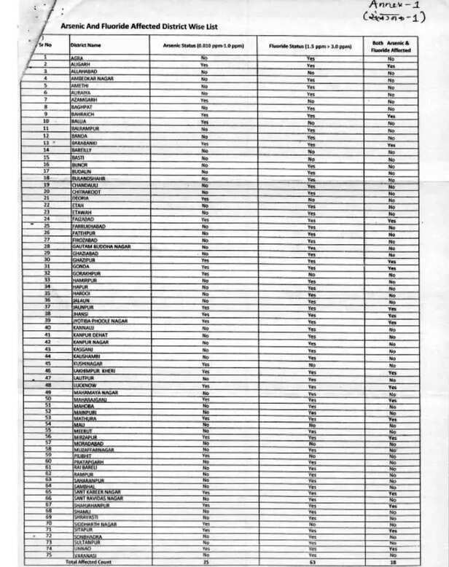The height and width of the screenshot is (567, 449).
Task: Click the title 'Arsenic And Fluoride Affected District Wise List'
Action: (130, 25)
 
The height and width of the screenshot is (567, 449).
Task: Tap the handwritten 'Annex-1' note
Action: (397, 7)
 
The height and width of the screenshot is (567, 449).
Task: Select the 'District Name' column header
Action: (85, 44)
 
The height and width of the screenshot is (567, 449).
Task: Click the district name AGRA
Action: (78, 58)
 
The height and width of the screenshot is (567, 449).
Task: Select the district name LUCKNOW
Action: (85, 385)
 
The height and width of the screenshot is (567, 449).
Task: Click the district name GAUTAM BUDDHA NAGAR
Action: (102, 246)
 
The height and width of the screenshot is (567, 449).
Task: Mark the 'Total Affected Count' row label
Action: (90, 562)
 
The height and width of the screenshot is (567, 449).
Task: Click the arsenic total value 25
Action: (205, 562)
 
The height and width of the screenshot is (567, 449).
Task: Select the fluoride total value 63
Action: (311, 562)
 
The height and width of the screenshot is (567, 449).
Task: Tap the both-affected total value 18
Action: (391, 562)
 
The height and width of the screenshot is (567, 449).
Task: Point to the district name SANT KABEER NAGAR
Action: (98, 492)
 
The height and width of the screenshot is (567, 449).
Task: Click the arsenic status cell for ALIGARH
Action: (205, 65)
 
